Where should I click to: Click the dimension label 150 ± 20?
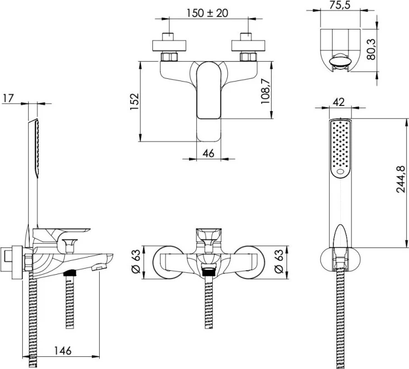pos(207,13)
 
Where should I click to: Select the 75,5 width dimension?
pos(340,5)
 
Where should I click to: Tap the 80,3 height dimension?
pos(371,49)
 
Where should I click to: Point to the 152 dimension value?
pos(135,102)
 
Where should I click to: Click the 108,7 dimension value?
pos(265,92)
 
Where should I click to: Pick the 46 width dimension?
pos(208,153)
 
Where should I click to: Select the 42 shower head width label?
pos(339,102)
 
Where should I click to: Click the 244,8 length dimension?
pos(401,179)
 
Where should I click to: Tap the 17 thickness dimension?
pos(8,98)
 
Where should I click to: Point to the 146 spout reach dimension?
pos(63,351)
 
